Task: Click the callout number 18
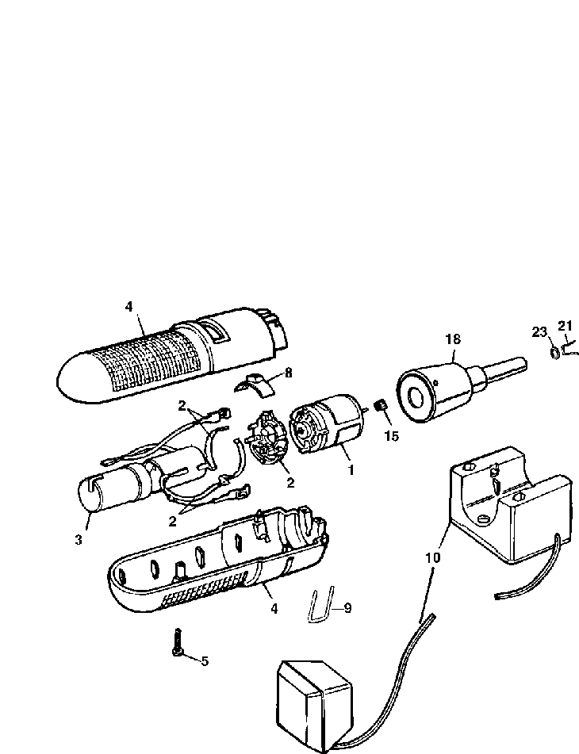[x=452, y=339]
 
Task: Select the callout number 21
[x=565, y=326]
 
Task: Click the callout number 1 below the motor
[x=350, y=469]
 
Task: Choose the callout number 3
[x=79, y=540]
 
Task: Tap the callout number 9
[x=347, y=608]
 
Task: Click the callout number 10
[x=432, y=557]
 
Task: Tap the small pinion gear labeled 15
[x=380, y=408]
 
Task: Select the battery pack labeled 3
[x=119, y=484]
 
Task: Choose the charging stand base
[x=508, y=507]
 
